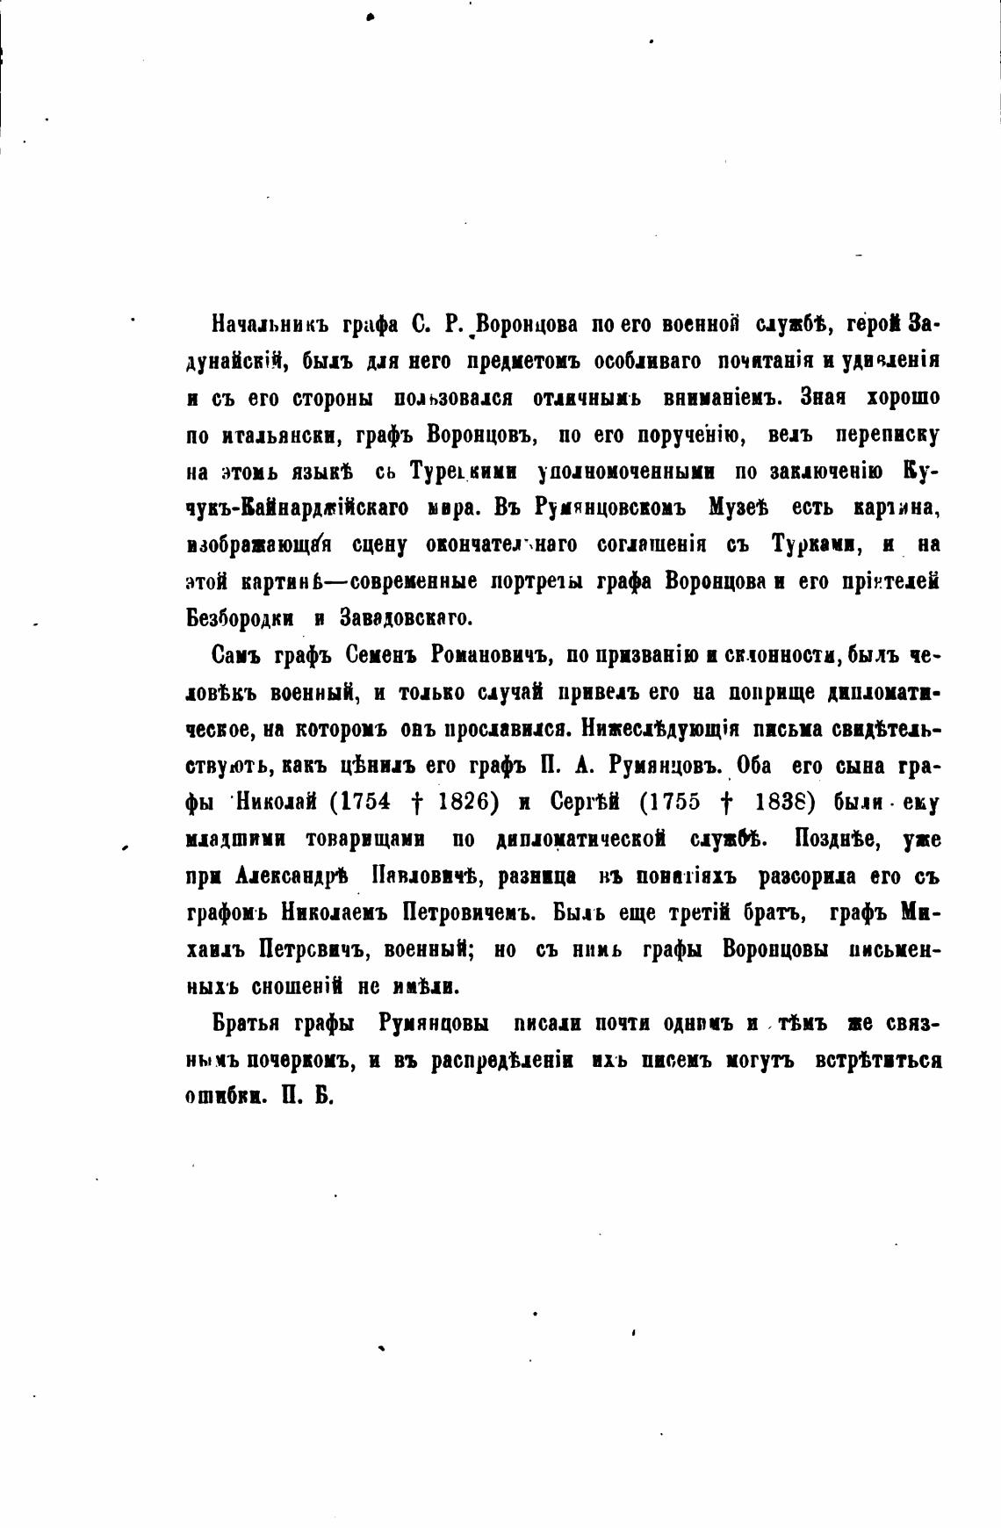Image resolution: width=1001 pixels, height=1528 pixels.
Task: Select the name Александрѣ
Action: pos(292,876)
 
